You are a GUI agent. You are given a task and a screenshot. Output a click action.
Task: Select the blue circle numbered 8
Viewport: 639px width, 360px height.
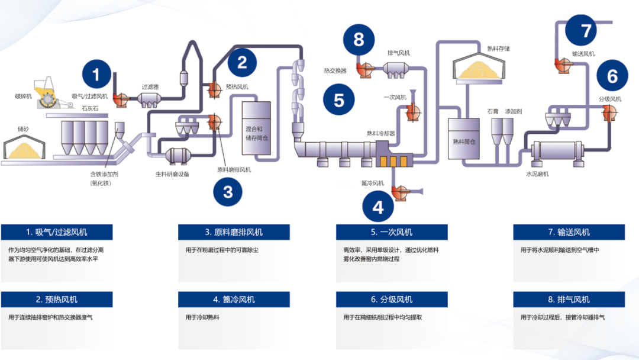pyautogui.click(x=359, y=40)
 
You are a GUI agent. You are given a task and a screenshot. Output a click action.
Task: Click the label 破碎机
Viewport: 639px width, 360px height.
pyautogui.click(x=25, y=96)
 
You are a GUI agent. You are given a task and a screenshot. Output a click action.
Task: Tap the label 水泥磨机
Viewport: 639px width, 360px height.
pyautogui.click(x=537, y=174)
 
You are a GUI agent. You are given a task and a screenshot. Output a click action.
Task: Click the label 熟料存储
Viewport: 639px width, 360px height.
pyautogui.click(x=498, y=49)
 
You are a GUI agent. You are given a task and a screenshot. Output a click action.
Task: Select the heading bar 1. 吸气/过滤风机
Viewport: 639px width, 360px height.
pyautogui.click(x=57, y=232)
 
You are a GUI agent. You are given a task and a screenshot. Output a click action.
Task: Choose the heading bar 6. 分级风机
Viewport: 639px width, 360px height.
pyautogui.click(x=392, y=300)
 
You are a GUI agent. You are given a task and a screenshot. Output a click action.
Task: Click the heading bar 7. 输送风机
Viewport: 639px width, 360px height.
pyautogui.click(x=569, y=232)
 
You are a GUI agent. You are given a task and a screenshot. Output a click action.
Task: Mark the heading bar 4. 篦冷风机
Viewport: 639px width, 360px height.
pyautogui.click(x=234, y=300)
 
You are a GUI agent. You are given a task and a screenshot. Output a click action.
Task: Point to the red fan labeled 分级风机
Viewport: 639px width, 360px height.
pyautogui.click(x=609, y=113)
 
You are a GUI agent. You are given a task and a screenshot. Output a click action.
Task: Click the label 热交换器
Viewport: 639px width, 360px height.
pyautogui.click(x=335, y=70)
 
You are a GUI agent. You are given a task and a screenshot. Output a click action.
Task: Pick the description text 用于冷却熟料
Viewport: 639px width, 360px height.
pyautogui.click(x=202, y=317)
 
